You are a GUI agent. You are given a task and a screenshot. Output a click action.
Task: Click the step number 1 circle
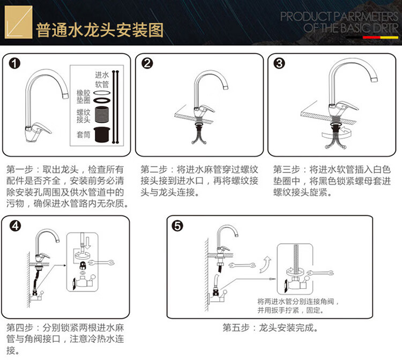point(14,64)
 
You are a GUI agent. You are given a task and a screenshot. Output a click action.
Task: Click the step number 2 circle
point(147,63)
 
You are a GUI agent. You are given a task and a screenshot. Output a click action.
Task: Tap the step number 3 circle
point(279,63)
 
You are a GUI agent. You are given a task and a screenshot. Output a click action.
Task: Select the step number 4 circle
point(15,226)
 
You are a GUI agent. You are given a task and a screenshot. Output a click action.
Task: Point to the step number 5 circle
point(177,226)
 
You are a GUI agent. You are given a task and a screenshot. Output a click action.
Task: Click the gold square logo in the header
point(18,22)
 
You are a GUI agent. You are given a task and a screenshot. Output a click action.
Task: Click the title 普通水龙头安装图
point(100,30)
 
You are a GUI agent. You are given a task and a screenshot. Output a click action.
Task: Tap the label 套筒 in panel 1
point(83,134)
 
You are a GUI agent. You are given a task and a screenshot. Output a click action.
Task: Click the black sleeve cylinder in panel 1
point(101,134)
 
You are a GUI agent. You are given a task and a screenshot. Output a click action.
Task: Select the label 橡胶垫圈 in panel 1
point(83,96)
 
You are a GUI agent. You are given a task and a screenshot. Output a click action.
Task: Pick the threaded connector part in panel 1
point(101,115)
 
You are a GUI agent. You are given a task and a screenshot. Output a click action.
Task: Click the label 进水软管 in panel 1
point(102,79)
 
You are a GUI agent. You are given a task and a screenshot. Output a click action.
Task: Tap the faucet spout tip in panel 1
point(65,96)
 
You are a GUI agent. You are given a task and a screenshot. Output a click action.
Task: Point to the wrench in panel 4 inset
point(101,262)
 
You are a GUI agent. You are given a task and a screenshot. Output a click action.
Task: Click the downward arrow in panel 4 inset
point(88,243)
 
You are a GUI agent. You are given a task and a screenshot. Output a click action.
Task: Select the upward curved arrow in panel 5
point(265,265)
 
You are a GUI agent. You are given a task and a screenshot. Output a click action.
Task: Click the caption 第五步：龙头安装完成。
point(270,328)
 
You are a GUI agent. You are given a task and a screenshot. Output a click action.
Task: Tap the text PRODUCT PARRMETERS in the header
point(339,17)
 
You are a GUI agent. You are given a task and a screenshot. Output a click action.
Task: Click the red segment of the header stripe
point(371,37)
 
